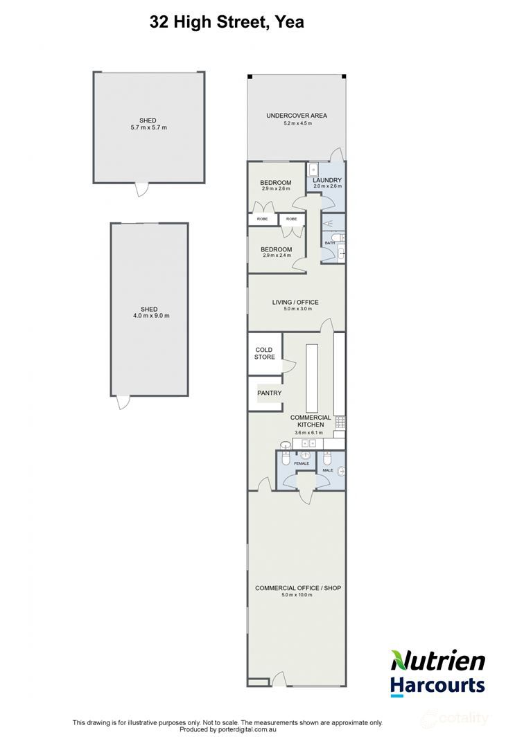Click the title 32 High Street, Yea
227,22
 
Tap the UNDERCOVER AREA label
297,116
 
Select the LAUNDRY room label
327,180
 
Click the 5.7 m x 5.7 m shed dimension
148,128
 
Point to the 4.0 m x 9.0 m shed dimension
148,316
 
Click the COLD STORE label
264,353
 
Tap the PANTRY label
269,393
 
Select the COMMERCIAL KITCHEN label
310,421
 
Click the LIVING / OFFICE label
295,302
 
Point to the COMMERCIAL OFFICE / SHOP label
298,588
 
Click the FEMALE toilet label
302,463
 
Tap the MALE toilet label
327,470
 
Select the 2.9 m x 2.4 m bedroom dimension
276,256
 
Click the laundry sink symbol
313,168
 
